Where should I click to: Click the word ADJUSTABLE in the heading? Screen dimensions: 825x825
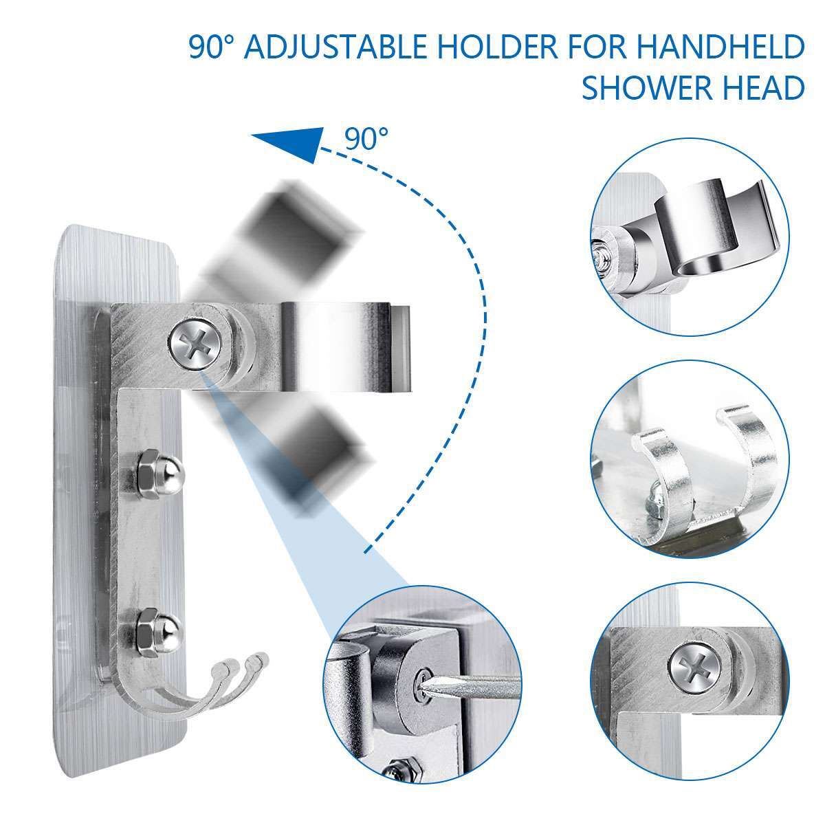[329, 50]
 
